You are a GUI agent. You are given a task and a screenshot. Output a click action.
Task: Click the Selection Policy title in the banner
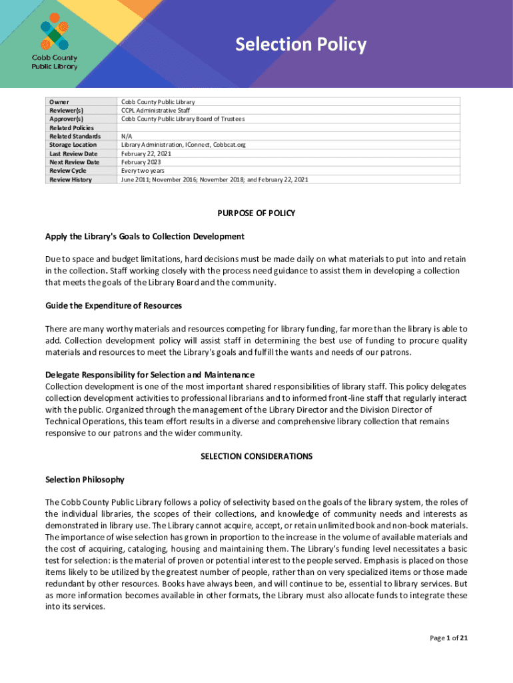[x=300, y=45]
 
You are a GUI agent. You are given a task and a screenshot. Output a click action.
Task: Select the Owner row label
[x=59, y=102]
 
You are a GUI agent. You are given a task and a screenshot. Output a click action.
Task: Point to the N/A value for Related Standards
[x=127, y=136]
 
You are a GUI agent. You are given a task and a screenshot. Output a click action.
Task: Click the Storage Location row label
[x=73, y=145]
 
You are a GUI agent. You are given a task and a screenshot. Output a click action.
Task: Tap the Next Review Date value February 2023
[x=141, y=162]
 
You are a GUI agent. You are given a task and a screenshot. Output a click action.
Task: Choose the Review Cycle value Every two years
[x=143, y=171]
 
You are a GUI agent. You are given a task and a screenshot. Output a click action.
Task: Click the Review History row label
[x=71, y=179]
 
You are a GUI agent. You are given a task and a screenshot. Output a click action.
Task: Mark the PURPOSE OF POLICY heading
[x=256, y=213]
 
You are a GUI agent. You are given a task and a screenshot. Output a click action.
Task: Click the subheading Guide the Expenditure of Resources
[x=113, y=305]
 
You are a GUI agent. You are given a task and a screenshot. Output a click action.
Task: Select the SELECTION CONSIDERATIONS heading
[x=256, y=457]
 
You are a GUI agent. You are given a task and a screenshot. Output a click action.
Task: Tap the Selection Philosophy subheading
[x=85, y=480]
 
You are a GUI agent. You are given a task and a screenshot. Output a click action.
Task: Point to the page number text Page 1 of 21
[x=448, y=638]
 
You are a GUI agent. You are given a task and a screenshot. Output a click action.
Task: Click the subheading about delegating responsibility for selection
[x=149, y=375]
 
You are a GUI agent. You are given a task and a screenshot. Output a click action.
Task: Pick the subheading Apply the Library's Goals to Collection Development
[x=145, y=237]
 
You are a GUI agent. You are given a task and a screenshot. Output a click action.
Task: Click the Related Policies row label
[x=71, y=127]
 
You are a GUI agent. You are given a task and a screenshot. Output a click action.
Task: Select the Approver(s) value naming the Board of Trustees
[x=183, y=119]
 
